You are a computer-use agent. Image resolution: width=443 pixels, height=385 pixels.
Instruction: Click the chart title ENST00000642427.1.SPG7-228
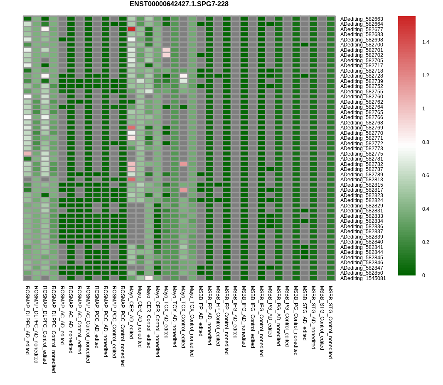[x=179, y=4]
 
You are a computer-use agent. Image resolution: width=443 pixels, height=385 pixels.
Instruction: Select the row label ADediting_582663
[x=362, y=19]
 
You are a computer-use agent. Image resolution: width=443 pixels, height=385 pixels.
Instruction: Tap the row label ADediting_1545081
[x=363, y=278]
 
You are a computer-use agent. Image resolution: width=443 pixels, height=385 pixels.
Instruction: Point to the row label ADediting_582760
[x=362, y=97]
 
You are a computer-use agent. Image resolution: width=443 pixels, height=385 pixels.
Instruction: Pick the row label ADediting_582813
[x=362, y=180]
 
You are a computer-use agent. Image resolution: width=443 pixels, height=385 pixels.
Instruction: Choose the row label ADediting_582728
[x=362, y=76]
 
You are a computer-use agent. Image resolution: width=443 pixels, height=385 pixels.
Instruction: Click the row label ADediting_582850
[x=362, y=273]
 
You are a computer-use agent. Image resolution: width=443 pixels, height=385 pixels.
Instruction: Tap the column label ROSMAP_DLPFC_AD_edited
[x=27, y=320]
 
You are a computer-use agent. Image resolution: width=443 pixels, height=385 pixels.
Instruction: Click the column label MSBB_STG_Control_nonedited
[x=330, y=322]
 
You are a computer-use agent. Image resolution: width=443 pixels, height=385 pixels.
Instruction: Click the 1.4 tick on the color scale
[x=426, y=42]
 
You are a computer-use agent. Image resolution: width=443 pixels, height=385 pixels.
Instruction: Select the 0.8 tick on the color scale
[x=426, y=142]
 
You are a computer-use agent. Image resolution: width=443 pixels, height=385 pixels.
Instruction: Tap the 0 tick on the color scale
[x=424, y=275]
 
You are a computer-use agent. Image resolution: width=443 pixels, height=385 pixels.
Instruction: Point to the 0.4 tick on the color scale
[x=426, y=209]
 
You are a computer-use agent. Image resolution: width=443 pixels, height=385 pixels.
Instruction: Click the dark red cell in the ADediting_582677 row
[x=131, y=29]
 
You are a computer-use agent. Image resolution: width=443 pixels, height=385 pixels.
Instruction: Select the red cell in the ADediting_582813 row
[x=131, y=180]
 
